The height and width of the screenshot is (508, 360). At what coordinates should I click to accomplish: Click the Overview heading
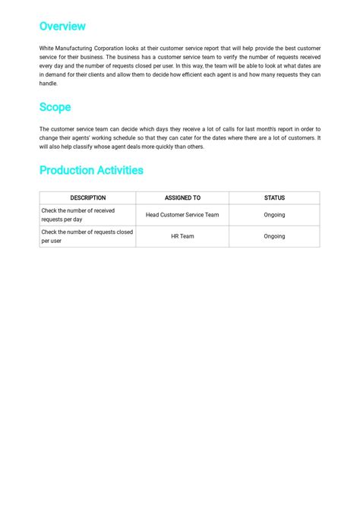(x=62, y=27)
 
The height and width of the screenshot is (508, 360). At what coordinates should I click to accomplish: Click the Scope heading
(x=55, y=107)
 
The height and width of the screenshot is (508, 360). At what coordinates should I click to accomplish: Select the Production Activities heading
(x=91, y=170)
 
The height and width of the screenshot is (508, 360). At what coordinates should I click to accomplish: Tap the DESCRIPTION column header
(x=87, y=198)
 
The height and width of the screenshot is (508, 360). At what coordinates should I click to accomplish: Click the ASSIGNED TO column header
(x=182, y=198)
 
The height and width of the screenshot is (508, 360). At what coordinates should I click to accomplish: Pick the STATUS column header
(x=274, y=198)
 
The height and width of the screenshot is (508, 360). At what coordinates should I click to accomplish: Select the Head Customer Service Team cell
(x=182, y=215)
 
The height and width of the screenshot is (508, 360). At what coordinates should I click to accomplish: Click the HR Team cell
(x=182, y=236)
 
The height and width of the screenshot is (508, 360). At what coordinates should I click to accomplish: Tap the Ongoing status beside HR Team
(x=274, y=236)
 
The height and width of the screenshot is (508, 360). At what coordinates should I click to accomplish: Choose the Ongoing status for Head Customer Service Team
(x=274, y=215)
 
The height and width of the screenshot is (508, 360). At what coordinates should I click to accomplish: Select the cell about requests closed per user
(x=87, y=236)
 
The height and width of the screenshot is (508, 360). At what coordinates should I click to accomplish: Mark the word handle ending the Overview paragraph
(x=48, y=84)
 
